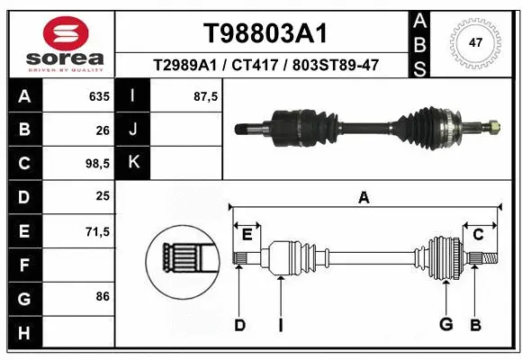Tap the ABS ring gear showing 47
(x=475, y=41)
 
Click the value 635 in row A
(x=98, y=96)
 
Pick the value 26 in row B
(x=103, y=130)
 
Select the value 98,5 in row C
(x=97, y=164)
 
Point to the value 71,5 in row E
(x=97, y=231)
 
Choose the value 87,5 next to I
(x=206, y=96)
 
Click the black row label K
(x=133, y=164)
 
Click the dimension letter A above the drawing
(x=364, y=198)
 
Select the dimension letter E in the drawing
(x=247, y=234)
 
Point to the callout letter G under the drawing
(x=445, y=325)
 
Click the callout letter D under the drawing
(x=239, y=325)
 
